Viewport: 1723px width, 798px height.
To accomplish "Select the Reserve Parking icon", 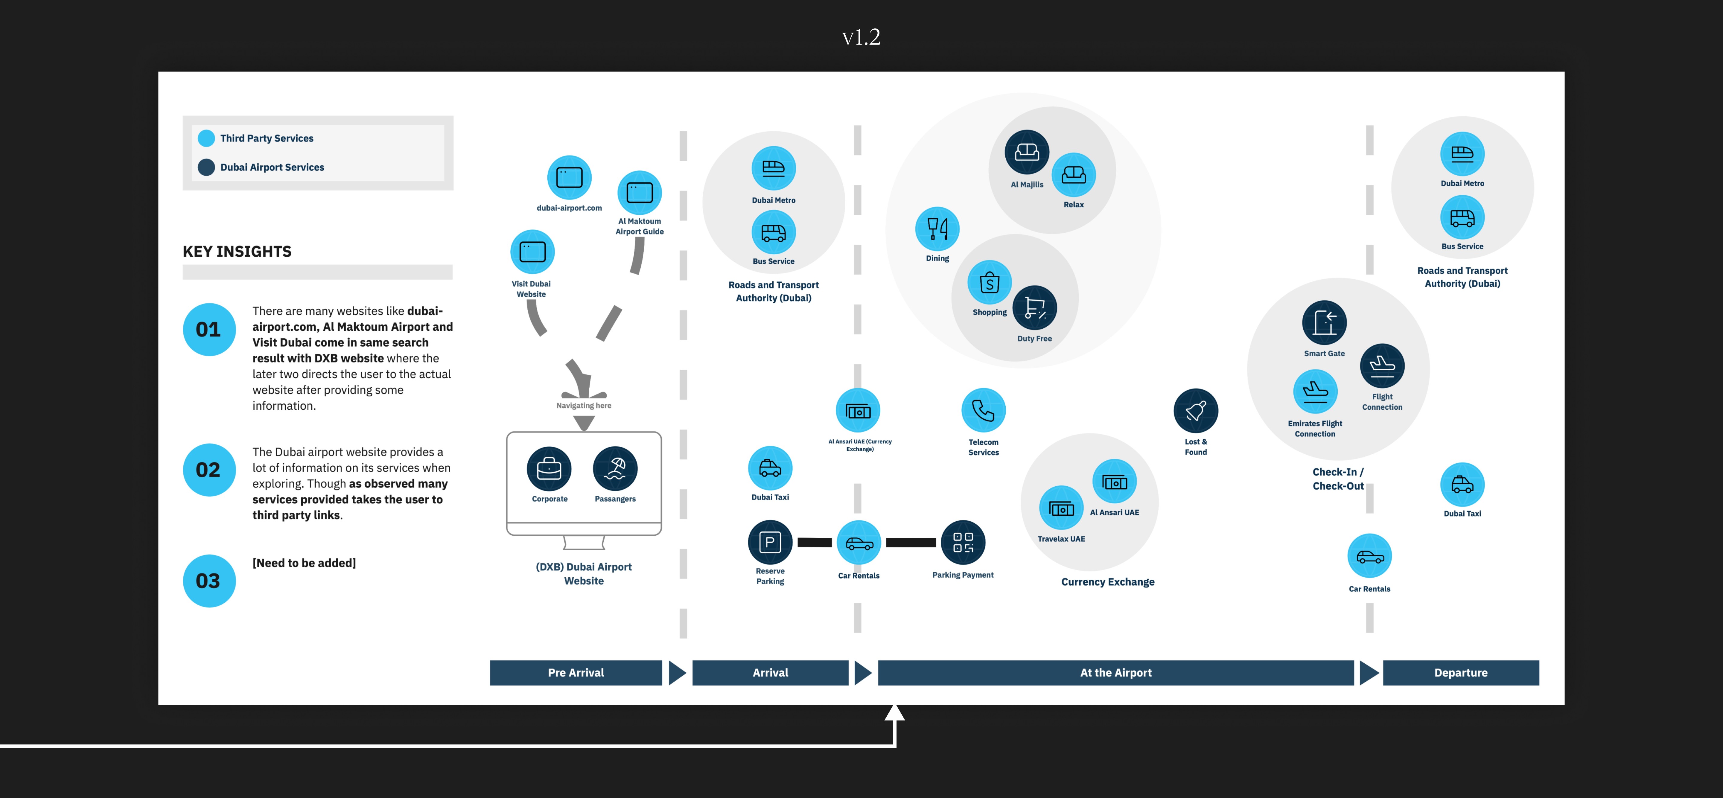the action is point(770,543).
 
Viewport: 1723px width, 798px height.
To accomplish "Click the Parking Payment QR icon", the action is point(963,543).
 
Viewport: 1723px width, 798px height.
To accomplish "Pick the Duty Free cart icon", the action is point(1035,308).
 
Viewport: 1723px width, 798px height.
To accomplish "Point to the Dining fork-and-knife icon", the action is point(937,229).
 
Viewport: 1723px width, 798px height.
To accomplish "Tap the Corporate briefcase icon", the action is point(549,469).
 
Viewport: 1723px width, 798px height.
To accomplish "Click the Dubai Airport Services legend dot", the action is point(207,167).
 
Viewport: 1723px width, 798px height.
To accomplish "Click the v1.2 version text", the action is point(861,37).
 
